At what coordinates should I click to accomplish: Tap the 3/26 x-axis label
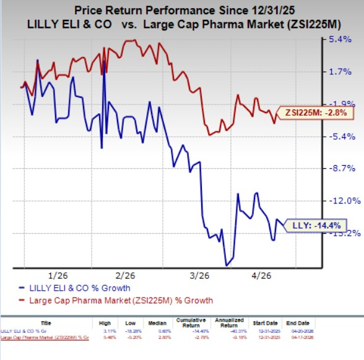(x=200, y=274)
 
